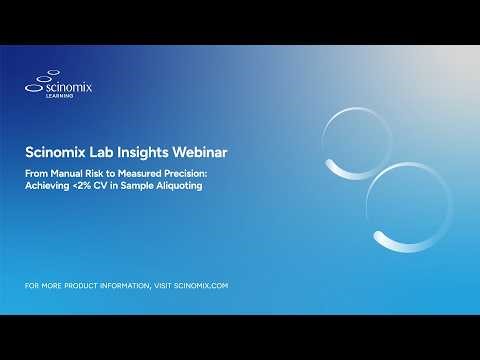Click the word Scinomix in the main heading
tap(58, 154)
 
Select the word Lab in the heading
tap(107, 154)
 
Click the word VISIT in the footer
tap(161, 286)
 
